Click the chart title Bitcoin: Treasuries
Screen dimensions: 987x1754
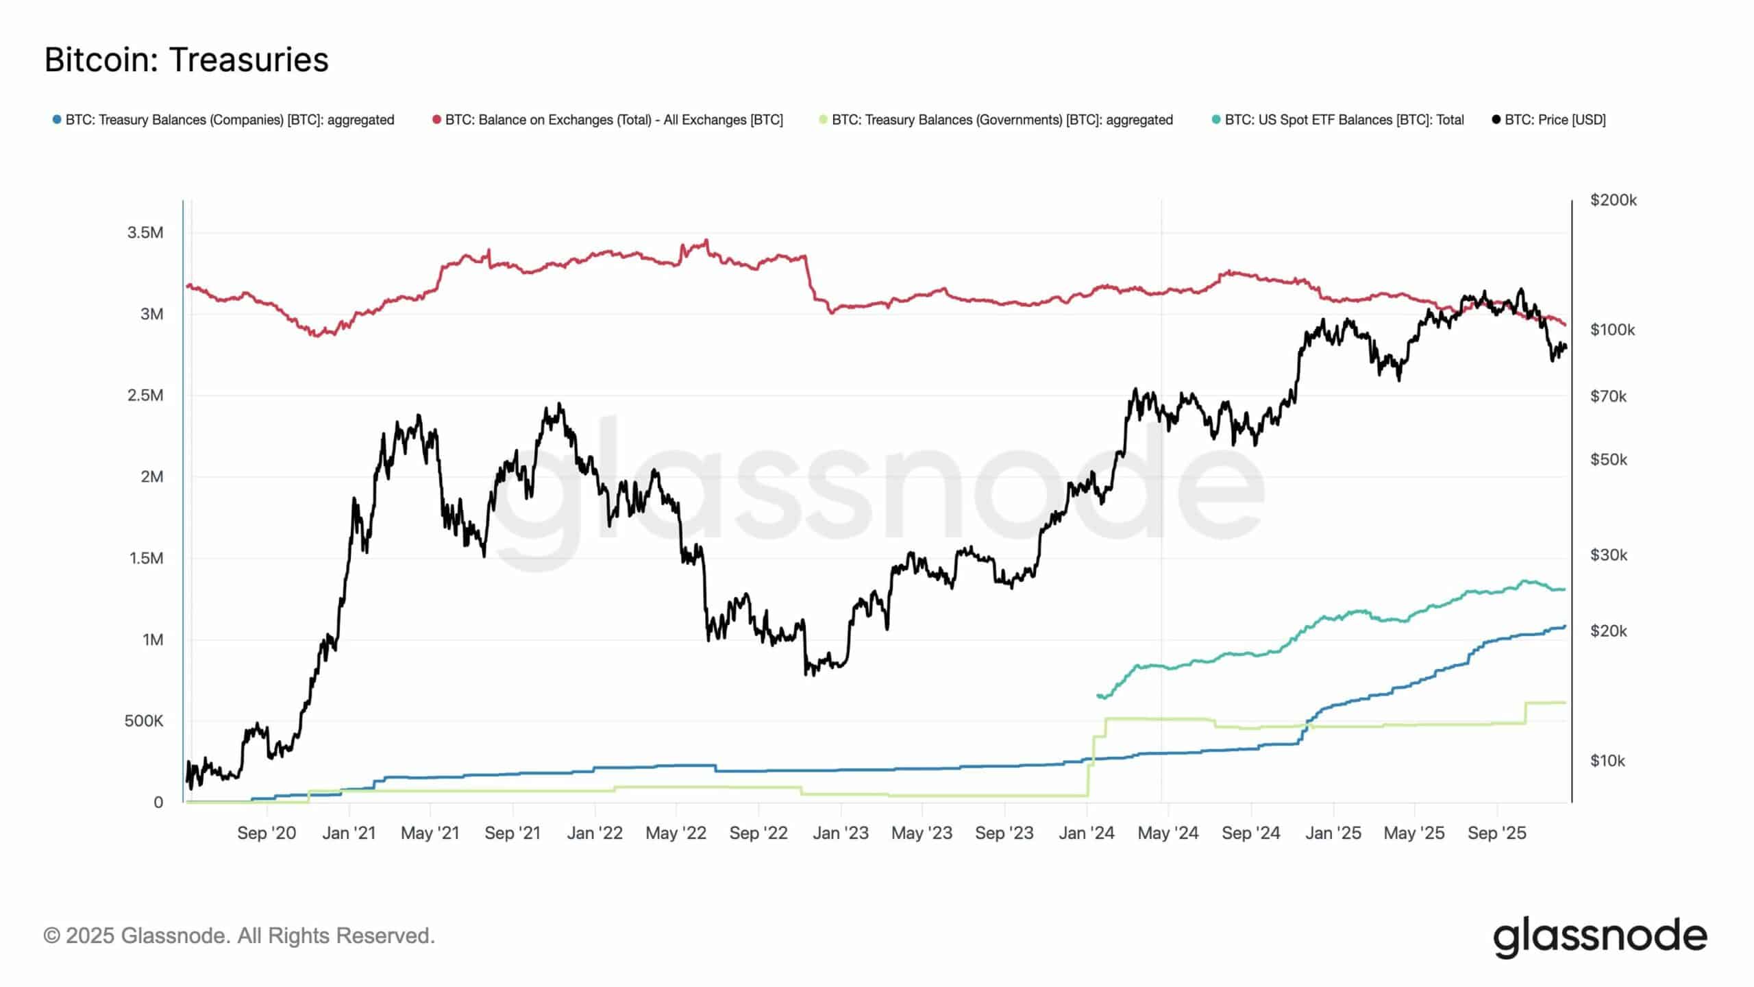pos(186,60)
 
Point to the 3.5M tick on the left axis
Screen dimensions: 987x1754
pos(145,232)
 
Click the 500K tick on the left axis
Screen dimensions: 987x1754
pos(144,721)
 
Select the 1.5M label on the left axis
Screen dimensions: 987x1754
pos(146,558)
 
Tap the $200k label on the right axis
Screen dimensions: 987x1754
pos(1614,200)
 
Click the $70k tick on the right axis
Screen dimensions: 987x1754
pos(1608,396)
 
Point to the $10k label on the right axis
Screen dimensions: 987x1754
pos(1607,761)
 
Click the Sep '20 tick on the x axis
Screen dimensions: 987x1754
pos(267,833)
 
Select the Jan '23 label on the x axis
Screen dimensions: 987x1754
pos(840,833)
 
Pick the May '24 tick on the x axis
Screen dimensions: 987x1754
pos(1168,833)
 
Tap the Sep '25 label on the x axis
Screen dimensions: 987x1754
pos(1497,833)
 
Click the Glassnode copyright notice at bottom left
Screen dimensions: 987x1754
pos(239,936)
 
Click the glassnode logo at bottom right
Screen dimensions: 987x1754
pos(1600,937)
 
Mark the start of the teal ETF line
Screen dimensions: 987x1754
pos(1098,695)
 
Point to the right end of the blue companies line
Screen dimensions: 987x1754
pos(1565,626)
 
